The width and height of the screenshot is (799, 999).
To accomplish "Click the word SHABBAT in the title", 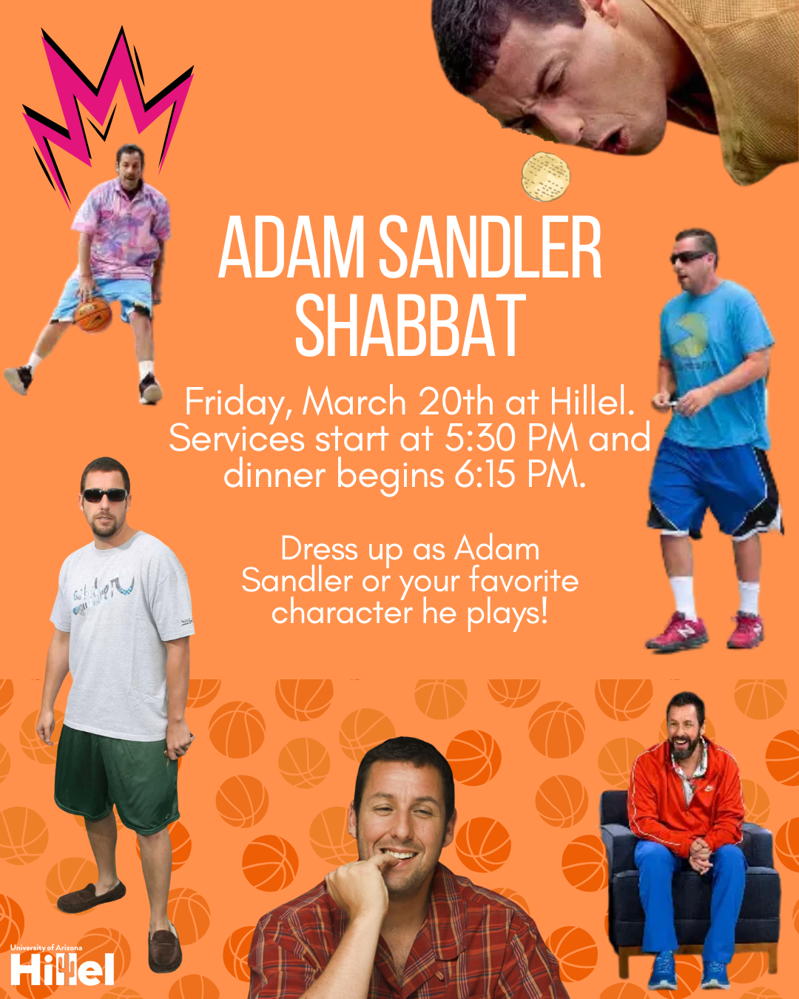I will click(x=410, y=326).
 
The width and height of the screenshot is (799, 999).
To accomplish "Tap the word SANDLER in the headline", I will click(x=490, y=249).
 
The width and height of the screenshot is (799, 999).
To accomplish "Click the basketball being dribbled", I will click(x=92, y=314).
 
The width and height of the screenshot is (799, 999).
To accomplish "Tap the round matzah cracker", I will click(x=546, y=177).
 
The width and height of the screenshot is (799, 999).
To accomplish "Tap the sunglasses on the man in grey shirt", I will click(x=104, y=495).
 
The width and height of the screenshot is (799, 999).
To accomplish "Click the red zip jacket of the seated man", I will click(x=684, y=799).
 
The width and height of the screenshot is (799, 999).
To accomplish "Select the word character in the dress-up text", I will click(x=342, y=613).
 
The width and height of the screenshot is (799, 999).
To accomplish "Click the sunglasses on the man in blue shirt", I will click(x=691, y=258).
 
